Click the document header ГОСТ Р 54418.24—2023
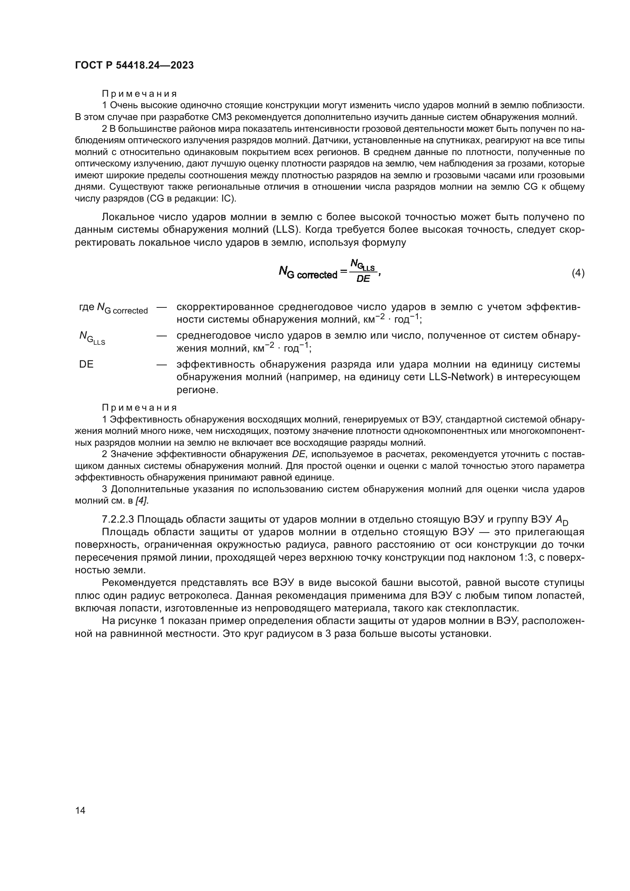coord(134,65)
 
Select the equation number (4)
coord(578,273)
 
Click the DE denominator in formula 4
coord(363,279)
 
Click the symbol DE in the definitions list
coord(86,365)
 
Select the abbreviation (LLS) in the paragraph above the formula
coord(286,230)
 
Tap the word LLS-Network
coord(459,377)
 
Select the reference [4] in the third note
coord(141,501)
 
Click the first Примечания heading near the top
coord(139,94)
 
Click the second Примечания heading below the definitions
coord(139,408)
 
